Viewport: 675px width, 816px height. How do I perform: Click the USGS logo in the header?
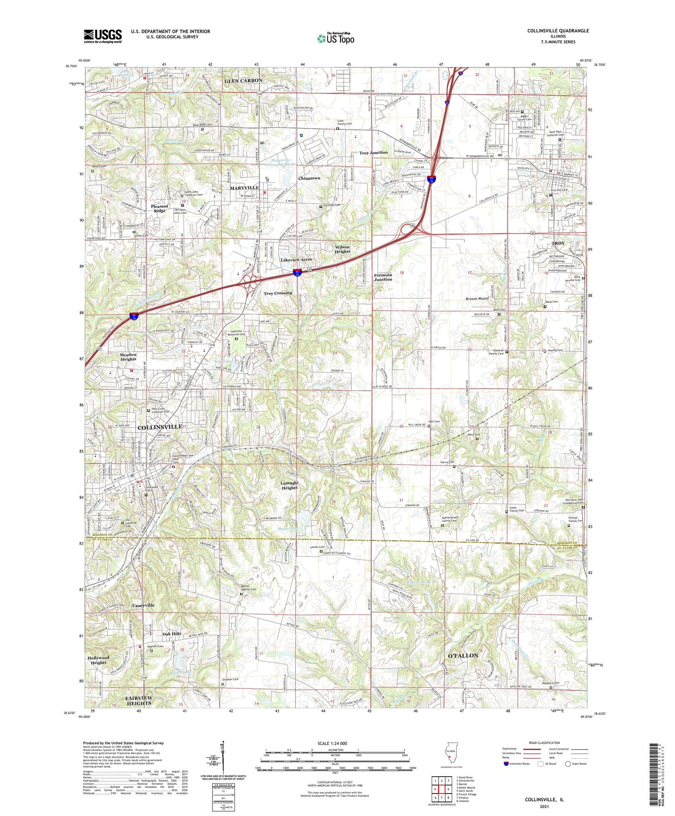(x=103, y=36)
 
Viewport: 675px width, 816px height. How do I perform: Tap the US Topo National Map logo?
(x=335, y=38)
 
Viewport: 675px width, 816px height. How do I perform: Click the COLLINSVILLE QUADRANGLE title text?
(x=558, y=31)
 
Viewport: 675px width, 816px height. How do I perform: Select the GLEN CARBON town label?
(x=243, y=80)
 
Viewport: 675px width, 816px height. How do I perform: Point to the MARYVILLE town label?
(x=244, y=188)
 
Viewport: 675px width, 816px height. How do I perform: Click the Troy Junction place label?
(x=373, y=153)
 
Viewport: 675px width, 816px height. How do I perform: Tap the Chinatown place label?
(x=309, y=179)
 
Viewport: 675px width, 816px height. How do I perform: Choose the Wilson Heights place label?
(x=342, y=249)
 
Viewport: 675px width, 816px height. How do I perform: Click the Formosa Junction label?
(x=383, y=277)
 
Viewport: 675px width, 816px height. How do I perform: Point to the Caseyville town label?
(x=143, y=605)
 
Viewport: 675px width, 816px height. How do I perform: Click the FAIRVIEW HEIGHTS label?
(x=139, y=701)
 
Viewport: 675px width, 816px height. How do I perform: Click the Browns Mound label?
(x=477, y=298)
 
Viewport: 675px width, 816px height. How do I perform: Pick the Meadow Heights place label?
(x=128, y=357)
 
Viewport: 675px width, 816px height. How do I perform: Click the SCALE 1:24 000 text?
(x=332, y=743)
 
